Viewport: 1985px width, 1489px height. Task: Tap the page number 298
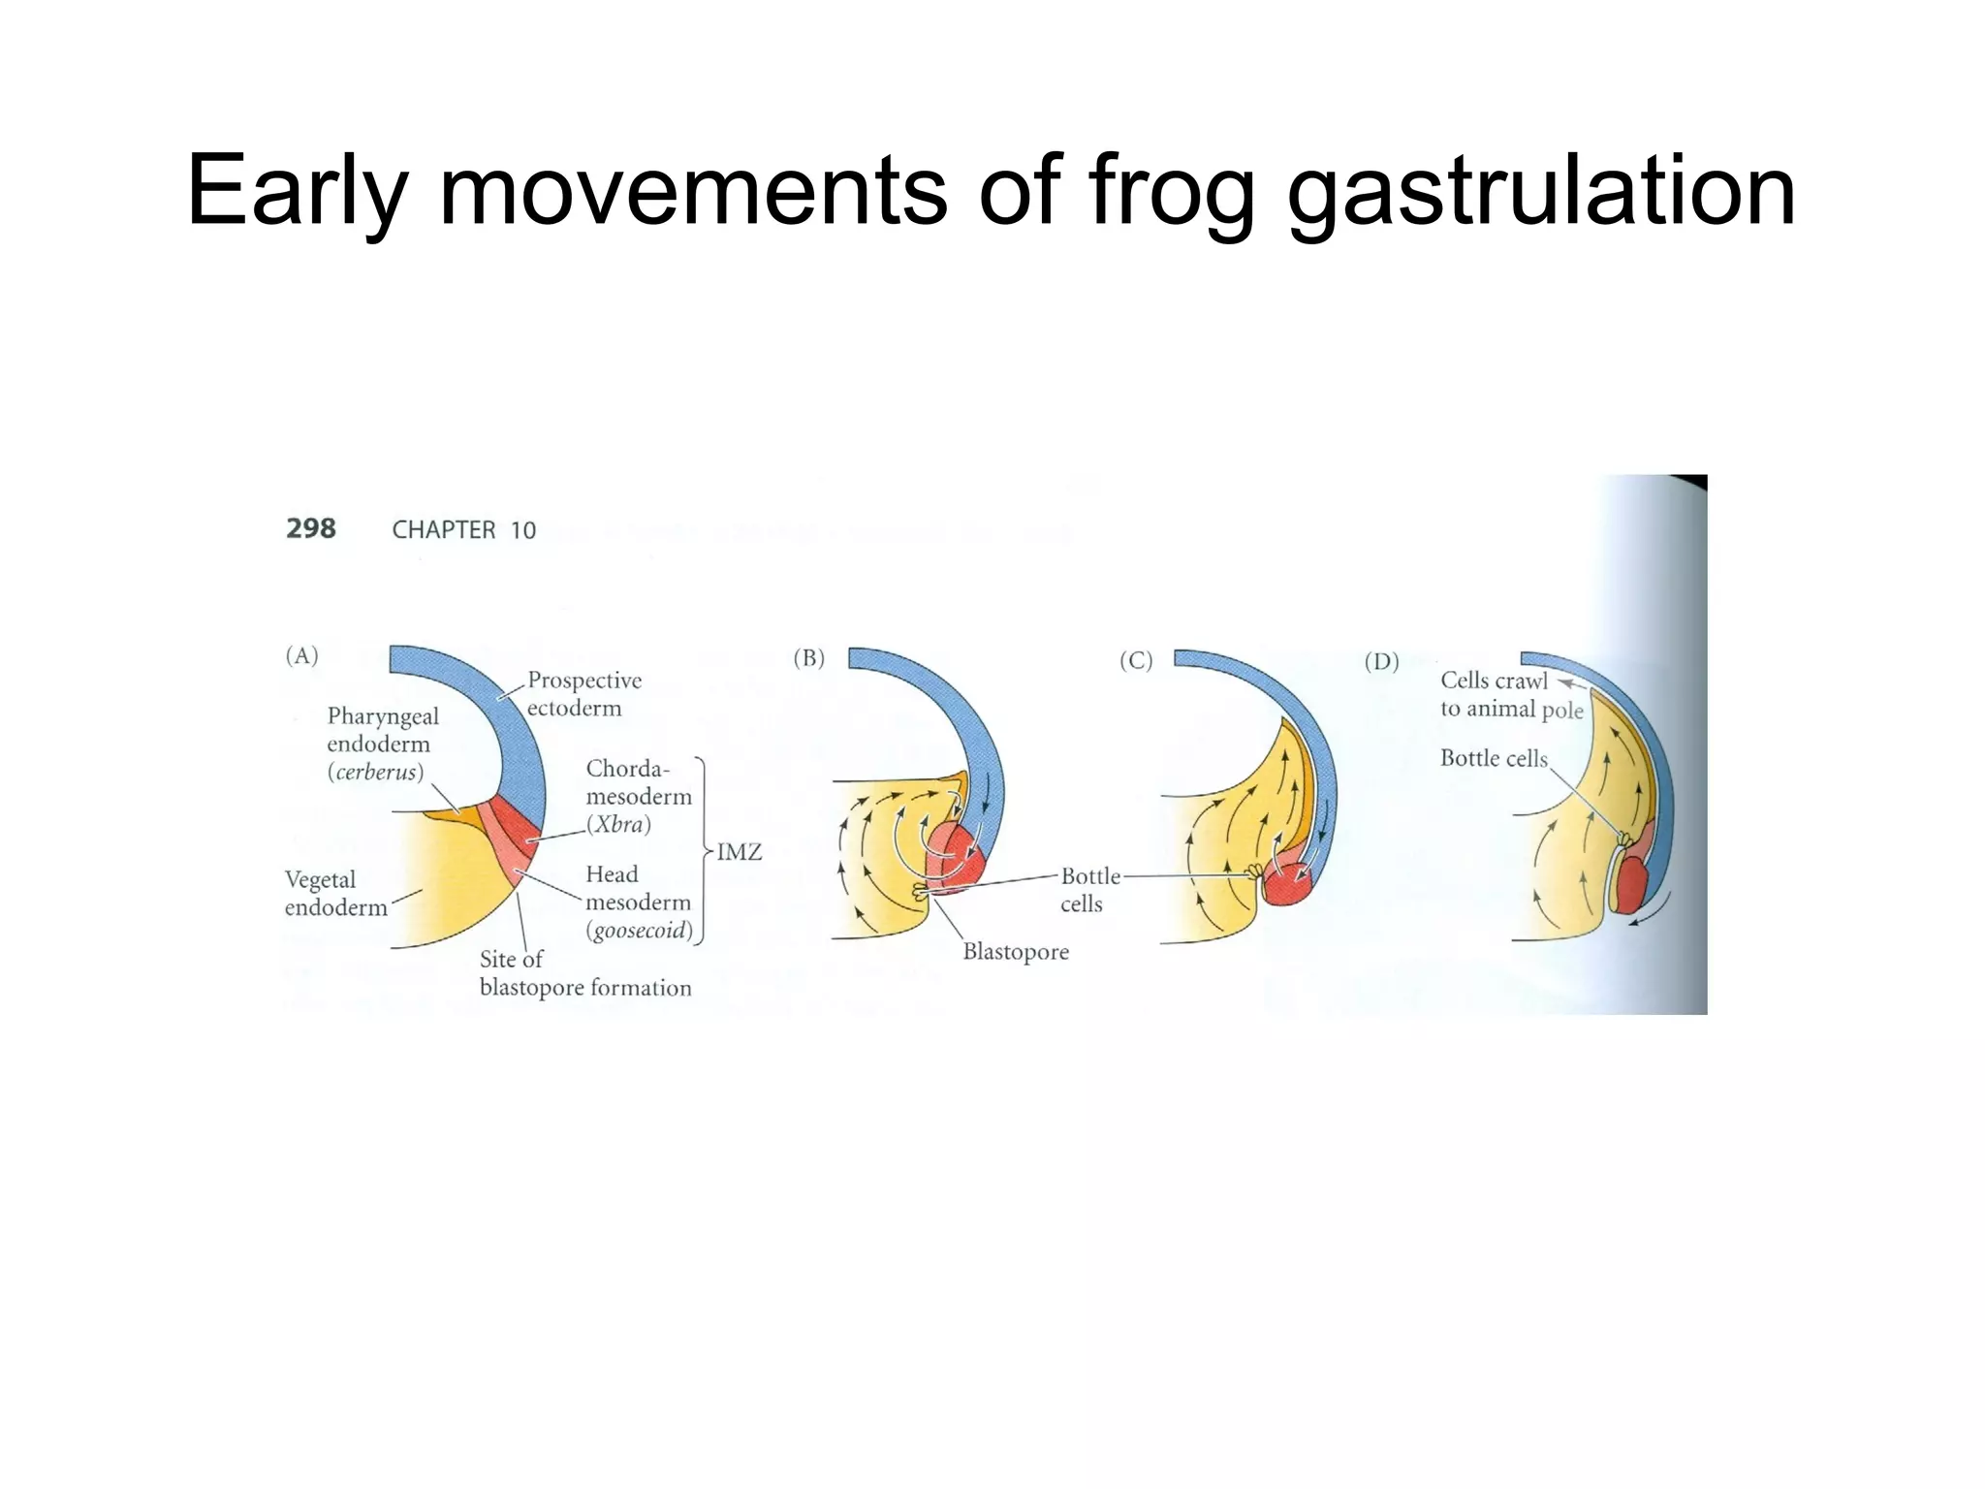[x=310, y=528]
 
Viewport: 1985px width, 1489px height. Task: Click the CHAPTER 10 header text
[x=463, y=530]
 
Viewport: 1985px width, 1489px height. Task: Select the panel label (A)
[x=301, y=656]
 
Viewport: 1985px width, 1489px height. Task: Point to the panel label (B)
[x=808, y=658]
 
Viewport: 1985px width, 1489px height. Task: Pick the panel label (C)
[x=1136, y=661]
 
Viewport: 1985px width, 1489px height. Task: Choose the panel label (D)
[x=1381, y=662]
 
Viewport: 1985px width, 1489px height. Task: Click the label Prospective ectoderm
[x=583, y=694]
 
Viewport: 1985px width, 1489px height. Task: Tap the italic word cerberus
[x=375, y=773]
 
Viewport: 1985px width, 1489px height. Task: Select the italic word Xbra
[x=618, y=825]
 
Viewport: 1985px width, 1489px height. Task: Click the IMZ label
[x=739, y=852]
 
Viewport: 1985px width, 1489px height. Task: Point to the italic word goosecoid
[x=640, y=931]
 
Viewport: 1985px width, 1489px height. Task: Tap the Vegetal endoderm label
[x=334, y=893]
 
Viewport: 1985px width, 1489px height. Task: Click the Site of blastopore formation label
[x=584, y=973]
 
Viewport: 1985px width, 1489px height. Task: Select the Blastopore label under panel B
[x=1015, y=952]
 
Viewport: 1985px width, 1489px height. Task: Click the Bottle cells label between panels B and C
[x=1088, y=890]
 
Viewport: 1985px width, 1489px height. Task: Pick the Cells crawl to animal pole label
[x=1510, y=695]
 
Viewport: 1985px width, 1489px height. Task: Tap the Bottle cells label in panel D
[x=1493, y=758]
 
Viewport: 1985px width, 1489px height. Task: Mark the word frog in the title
[x=1171, y=192]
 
